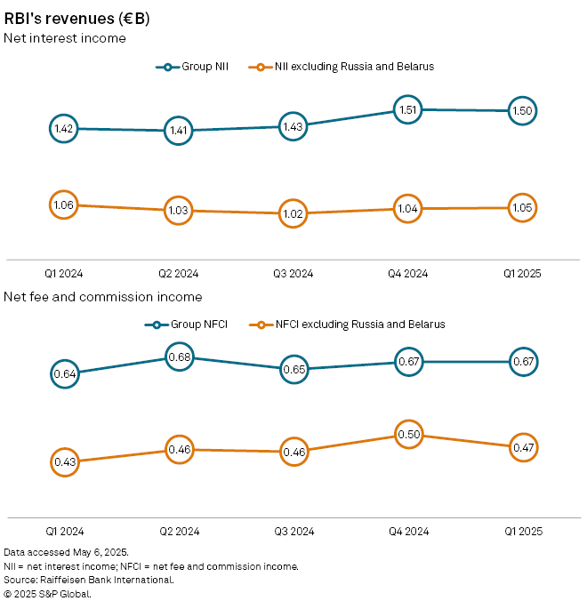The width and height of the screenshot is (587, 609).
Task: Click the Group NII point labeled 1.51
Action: click(407, 110)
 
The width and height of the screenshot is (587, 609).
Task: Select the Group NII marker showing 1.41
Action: click(178, 131)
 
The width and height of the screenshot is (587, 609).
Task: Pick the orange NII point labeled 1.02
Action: click(293, 213)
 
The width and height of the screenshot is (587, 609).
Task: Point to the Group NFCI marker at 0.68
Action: click(178, 358)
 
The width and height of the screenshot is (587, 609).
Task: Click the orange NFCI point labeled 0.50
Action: click(407, 435)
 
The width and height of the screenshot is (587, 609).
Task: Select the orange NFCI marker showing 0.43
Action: click(64, 461)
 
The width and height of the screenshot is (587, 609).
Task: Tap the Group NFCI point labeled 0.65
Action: click(293, 367)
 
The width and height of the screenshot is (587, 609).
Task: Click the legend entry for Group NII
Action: click(192, 67)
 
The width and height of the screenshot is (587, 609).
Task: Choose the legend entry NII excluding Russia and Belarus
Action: click(342, 67)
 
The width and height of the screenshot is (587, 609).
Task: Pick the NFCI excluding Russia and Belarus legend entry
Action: click(346, 325)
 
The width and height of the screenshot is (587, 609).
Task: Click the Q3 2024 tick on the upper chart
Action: click(293, 274)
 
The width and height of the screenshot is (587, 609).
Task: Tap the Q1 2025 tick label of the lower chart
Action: click(521, 531)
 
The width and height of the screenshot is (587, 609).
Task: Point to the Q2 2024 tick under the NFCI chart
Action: click(178, 531)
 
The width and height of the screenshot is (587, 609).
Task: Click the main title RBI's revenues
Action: click(77, 18)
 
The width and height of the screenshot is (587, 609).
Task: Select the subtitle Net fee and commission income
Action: click(103, 296)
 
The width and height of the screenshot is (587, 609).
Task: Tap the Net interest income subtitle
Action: click(65, 38)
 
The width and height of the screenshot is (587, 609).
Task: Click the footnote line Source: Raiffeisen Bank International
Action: click(89, 580)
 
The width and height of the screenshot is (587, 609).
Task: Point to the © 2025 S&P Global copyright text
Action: click(48, 593)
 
